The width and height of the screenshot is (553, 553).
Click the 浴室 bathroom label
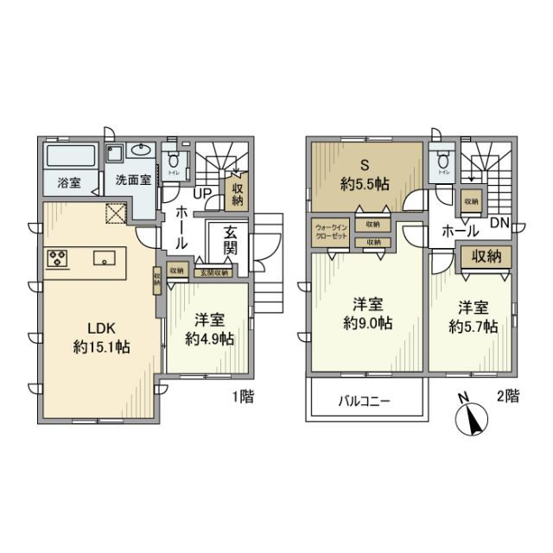[68, 183]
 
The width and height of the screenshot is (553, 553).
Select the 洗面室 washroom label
[134, 182]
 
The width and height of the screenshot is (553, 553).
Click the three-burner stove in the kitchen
[58, 258]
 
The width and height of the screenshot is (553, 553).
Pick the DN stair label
[498, 222]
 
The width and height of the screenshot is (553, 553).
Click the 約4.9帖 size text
[210, 339]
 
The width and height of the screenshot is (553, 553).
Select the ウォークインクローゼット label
[332, 235]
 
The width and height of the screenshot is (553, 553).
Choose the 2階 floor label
[507, 398]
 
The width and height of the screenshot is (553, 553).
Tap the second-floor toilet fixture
[444, 161]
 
